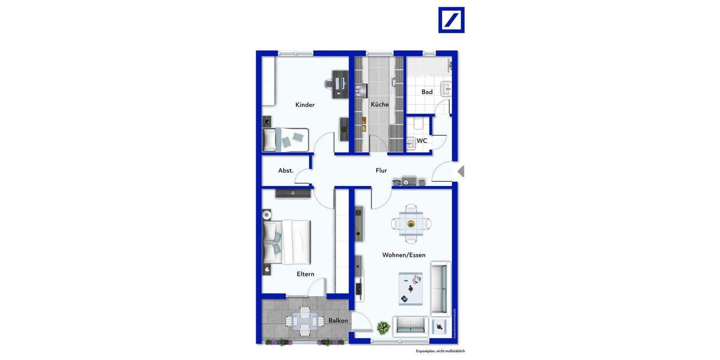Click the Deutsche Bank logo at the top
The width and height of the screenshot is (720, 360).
(x=451, y=20)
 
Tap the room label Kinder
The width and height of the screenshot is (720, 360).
(x=305, y=105)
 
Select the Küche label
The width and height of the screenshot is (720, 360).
(x=379, y=104)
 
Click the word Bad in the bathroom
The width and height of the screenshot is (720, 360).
(x=427, y=92)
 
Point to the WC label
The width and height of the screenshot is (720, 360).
(x=422, y=141)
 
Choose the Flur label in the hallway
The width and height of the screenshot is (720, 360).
(x=381, y=170)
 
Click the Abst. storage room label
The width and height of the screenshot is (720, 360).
(x=286, y=170)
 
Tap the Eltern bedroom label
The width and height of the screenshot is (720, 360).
(x=305, y=274)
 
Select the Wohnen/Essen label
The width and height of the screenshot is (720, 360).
(x=404, y=255)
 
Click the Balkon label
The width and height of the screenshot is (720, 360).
(x=338, y=321)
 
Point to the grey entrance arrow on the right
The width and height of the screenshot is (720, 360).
(x=460, y=172)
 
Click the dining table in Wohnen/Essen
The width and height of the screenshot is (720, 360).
(x=411, y=224)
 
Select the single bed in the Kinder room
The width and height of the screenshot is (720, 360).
(x=286, y=140)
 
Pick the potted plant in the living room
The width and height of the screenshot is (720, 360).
(x=383, y=328)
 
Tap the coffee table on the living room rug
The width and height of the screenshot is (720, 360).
(x=410, y=289)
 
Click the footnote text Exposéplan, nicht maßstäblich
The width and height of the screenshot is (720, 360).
(x=440, y=351)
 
